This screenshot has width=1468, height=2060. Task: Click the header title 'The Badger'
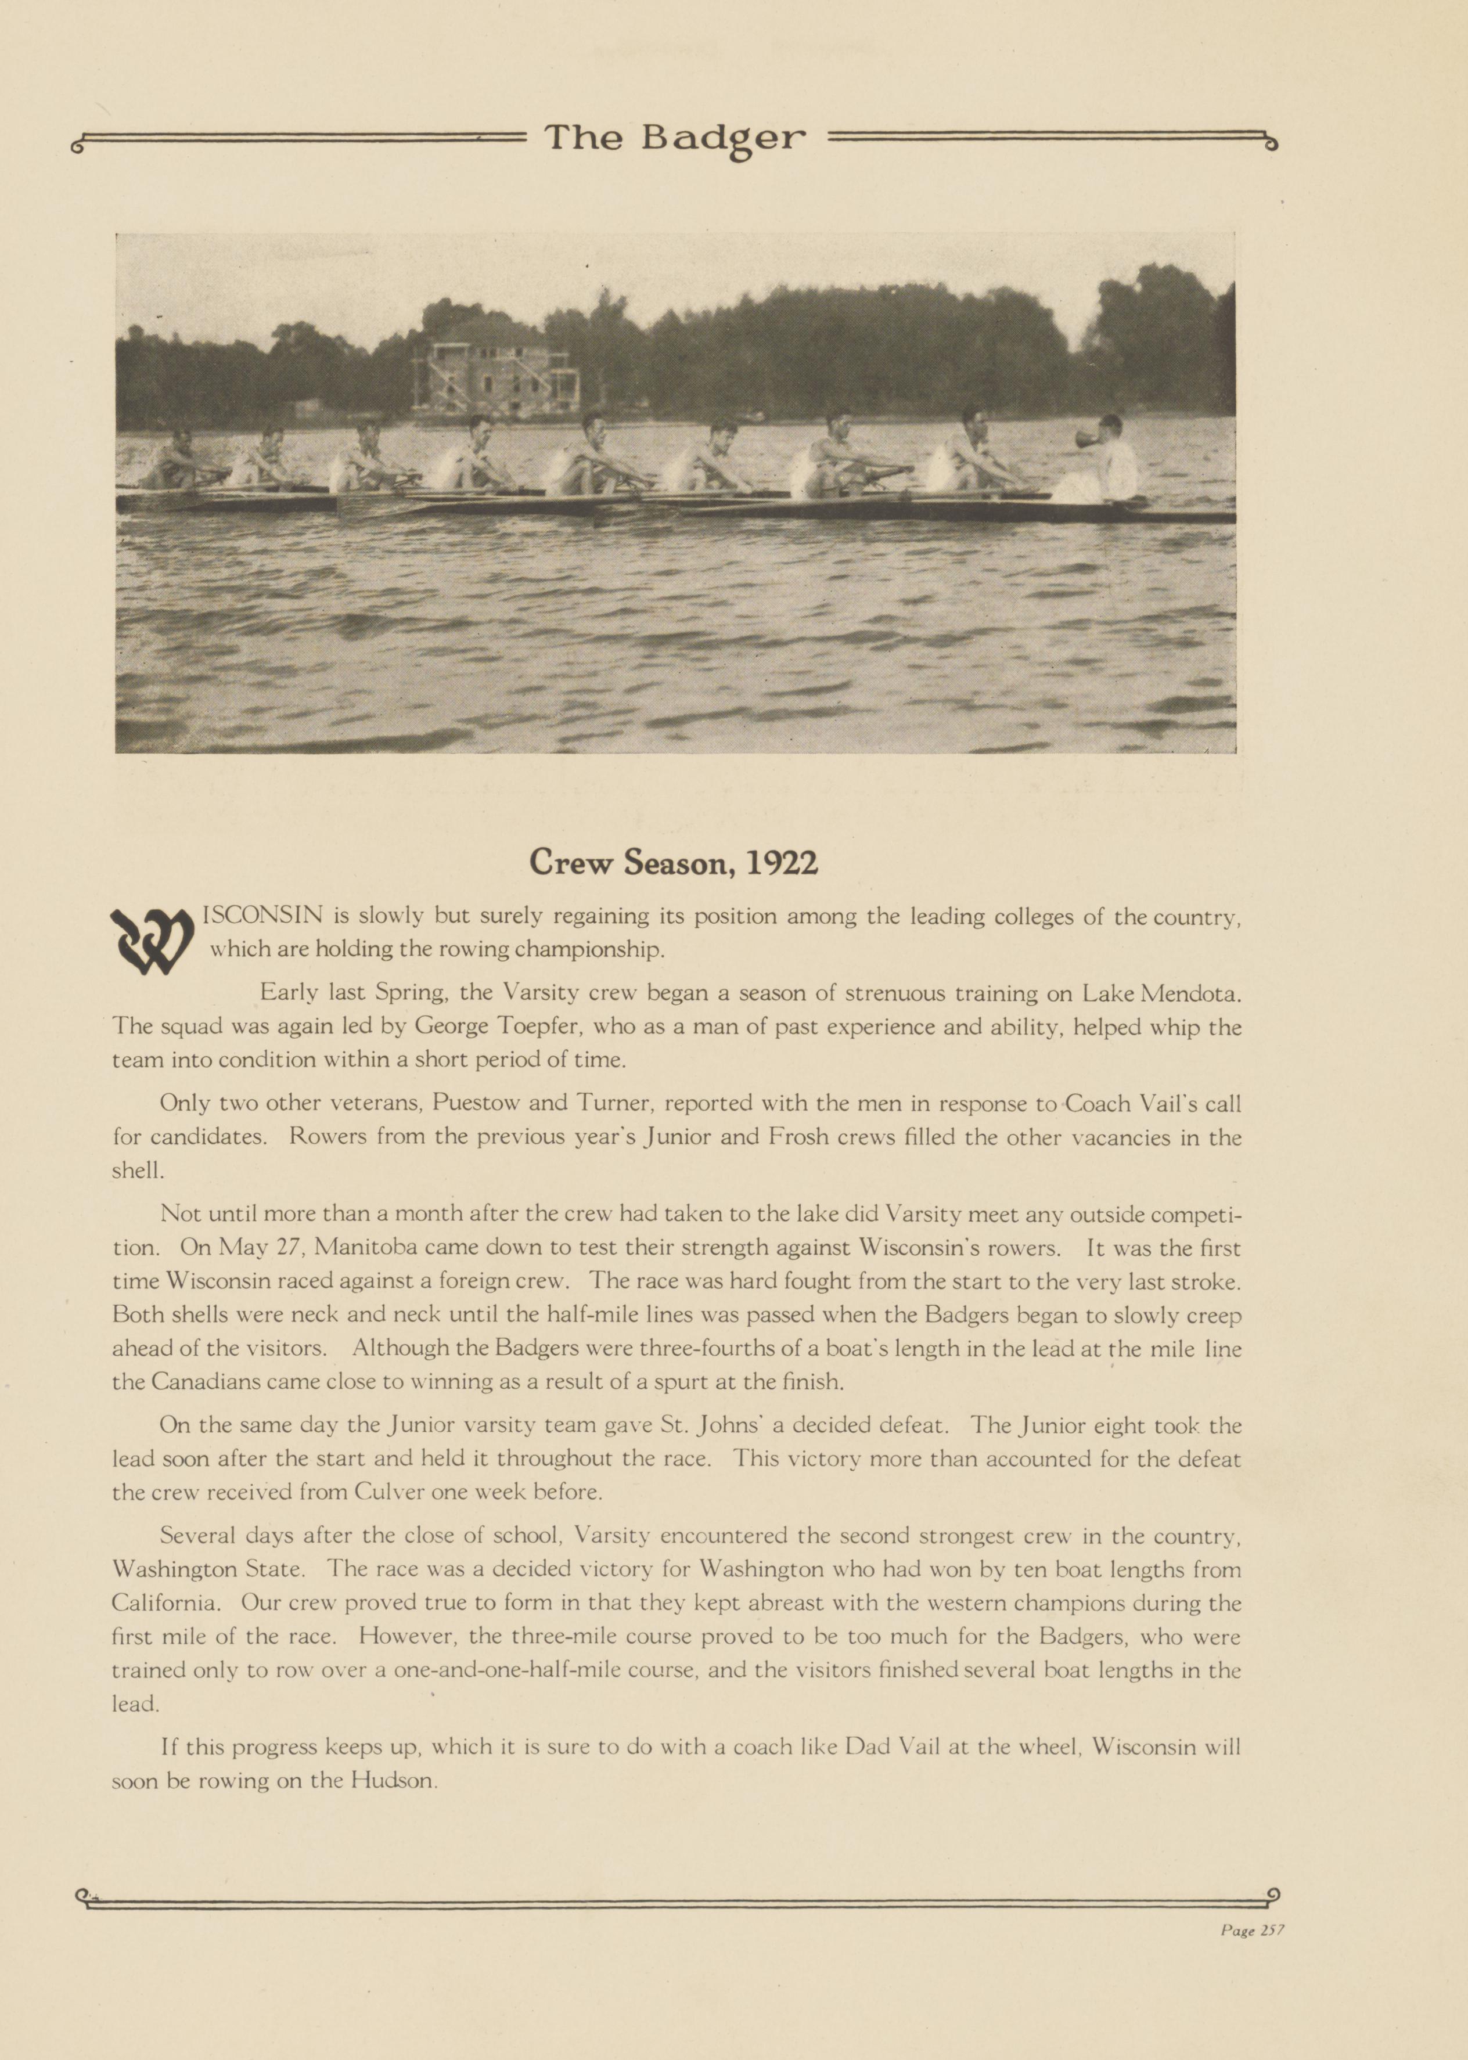[x=674, y=138]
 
